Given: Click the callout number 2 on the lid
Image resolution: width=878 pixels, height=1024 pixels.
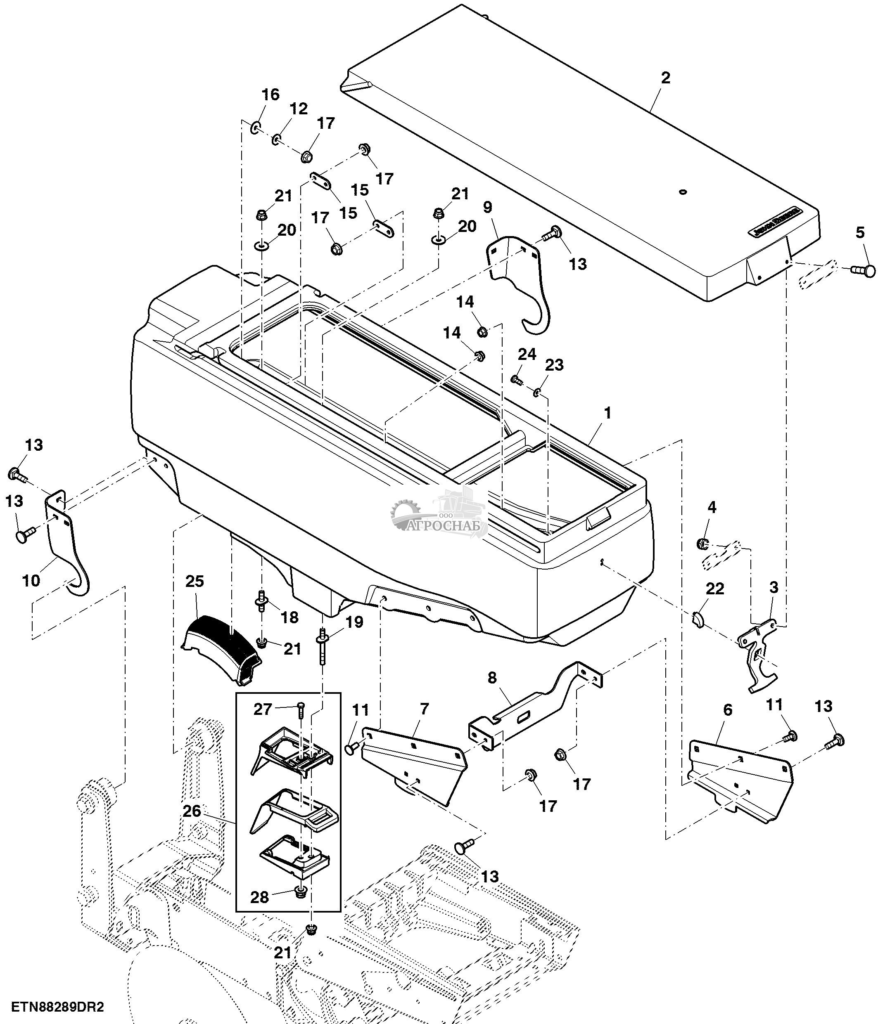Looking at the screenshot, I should click(665, 78).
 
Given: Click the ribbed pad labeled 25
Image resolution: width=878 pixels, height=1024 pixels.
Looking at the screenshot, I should click(223, 647).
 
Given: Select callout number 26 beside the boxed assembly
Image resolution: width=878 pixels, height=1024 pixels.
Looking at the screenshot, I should click(192, 811).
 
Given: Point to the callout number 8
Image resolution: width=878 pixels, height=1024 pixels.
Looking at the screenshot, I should click(492, 678).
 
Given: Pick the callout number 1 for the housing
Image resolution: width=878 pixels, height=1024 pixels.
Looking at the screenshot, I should click(607, 413).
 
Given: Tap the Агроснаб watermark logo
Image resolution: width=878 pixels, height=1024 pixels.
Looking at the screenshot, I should click(439, 514).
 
